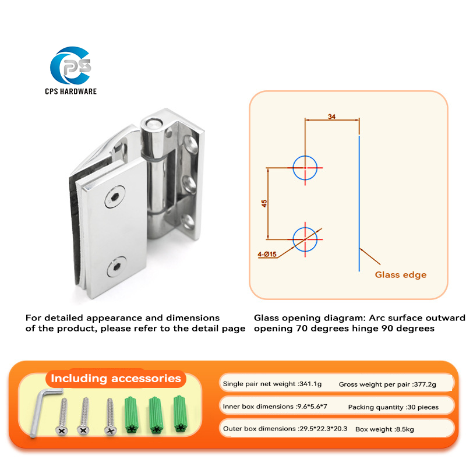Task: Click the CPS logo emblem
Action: [x=71, y=68]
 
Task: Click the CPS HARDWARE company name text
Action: [x=70, y=91]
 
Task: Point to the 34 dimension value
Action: [x=332, y=116]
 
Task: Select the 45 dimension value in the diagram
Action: [x=264, y=203]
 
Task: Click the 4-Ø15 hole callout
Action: [x=266, y=254]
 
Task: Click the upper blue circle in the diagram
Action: [x=305, y=168]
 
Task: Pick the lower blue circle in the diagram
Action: [x=305, y=238]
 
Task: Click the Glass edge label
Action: [x=400, y=274]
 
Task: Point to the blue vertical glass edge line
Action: [x=359, y=204]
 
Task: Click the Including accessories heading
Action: [x=116, y=378]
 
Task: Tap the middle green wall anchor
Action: [x=154, y=415]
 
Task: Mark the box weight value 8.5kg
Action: [x=401, y=429]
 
